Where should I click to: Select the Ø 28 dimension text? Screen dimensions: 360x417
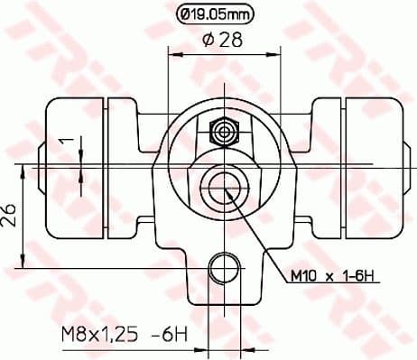pos(221,41)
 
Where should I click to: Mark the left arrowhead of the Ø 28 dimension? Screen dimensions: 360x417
pos(173,54)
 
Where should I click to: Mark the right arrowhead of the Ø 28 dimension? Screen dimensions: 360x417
pos(268,54)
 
